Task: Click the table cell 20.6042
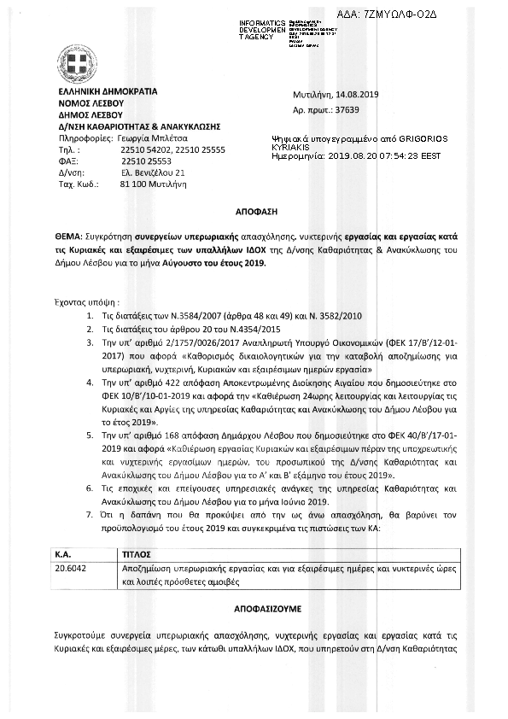point(71,566)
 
